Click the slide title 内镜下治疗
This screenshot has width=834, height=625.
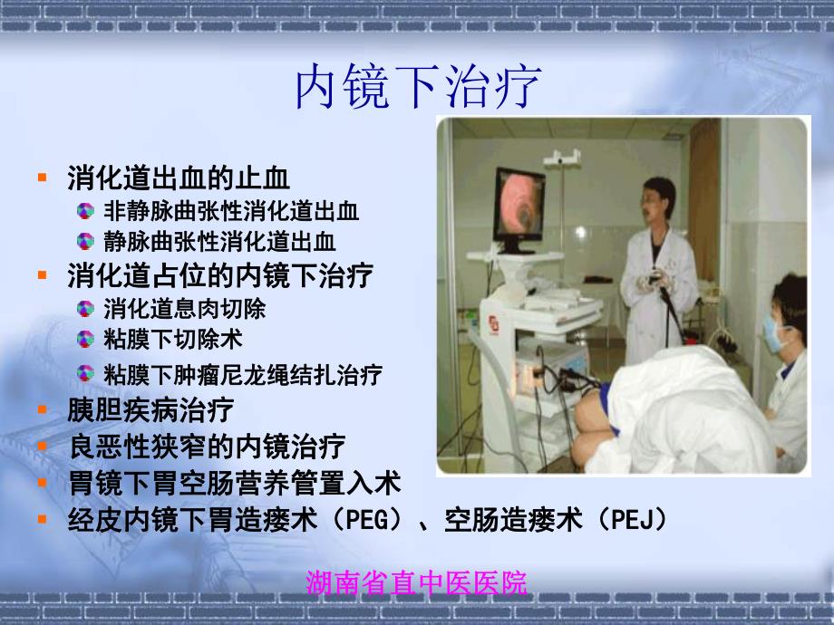pyautogui.click(x=418, y=87)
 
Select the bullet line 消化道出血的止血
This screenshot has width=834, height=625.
pyautogui.click(x=179, y=178)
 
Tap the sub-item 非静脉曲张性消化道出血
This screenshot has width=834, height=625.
pyautogui.click(x=231, y=212)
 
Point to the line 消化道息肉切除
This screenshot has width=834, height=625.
pyautogui.click(x=185, y=308)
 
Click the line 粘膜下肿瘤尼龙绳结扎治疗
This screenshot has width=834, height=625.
pyautogui.click(x=243, y=373)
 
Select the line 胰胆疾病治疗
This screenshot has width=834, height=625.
pyautogui.click(x=150, y=409)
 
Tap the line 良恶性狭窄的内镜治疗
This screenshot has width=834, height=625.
pyautogui.click(x=207, y=446)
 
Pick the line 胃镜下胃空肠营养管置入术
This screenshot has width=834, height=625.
pyautogui.click(x=234, y=482)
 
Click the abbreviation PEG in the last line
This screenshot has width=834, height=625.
pyautogui.click(x=365, y=519)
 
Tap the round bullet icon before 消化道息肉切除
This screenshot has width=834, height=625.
pyautogui.click(x=85, y=309)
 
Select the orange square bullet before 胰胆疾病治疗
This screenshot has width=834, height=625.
pyautogui.click(x=42, y=410)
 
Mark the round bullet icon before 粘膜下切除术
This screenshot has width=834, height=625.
pyautogui.click(x=85, y=340)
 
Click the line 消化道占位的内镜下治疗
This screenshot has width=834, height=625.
pyautogui.click(x=220, y=274)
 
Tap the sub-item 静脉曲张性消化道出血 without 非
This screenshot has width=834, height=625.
pyautogui.click(x=219, y=241)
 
